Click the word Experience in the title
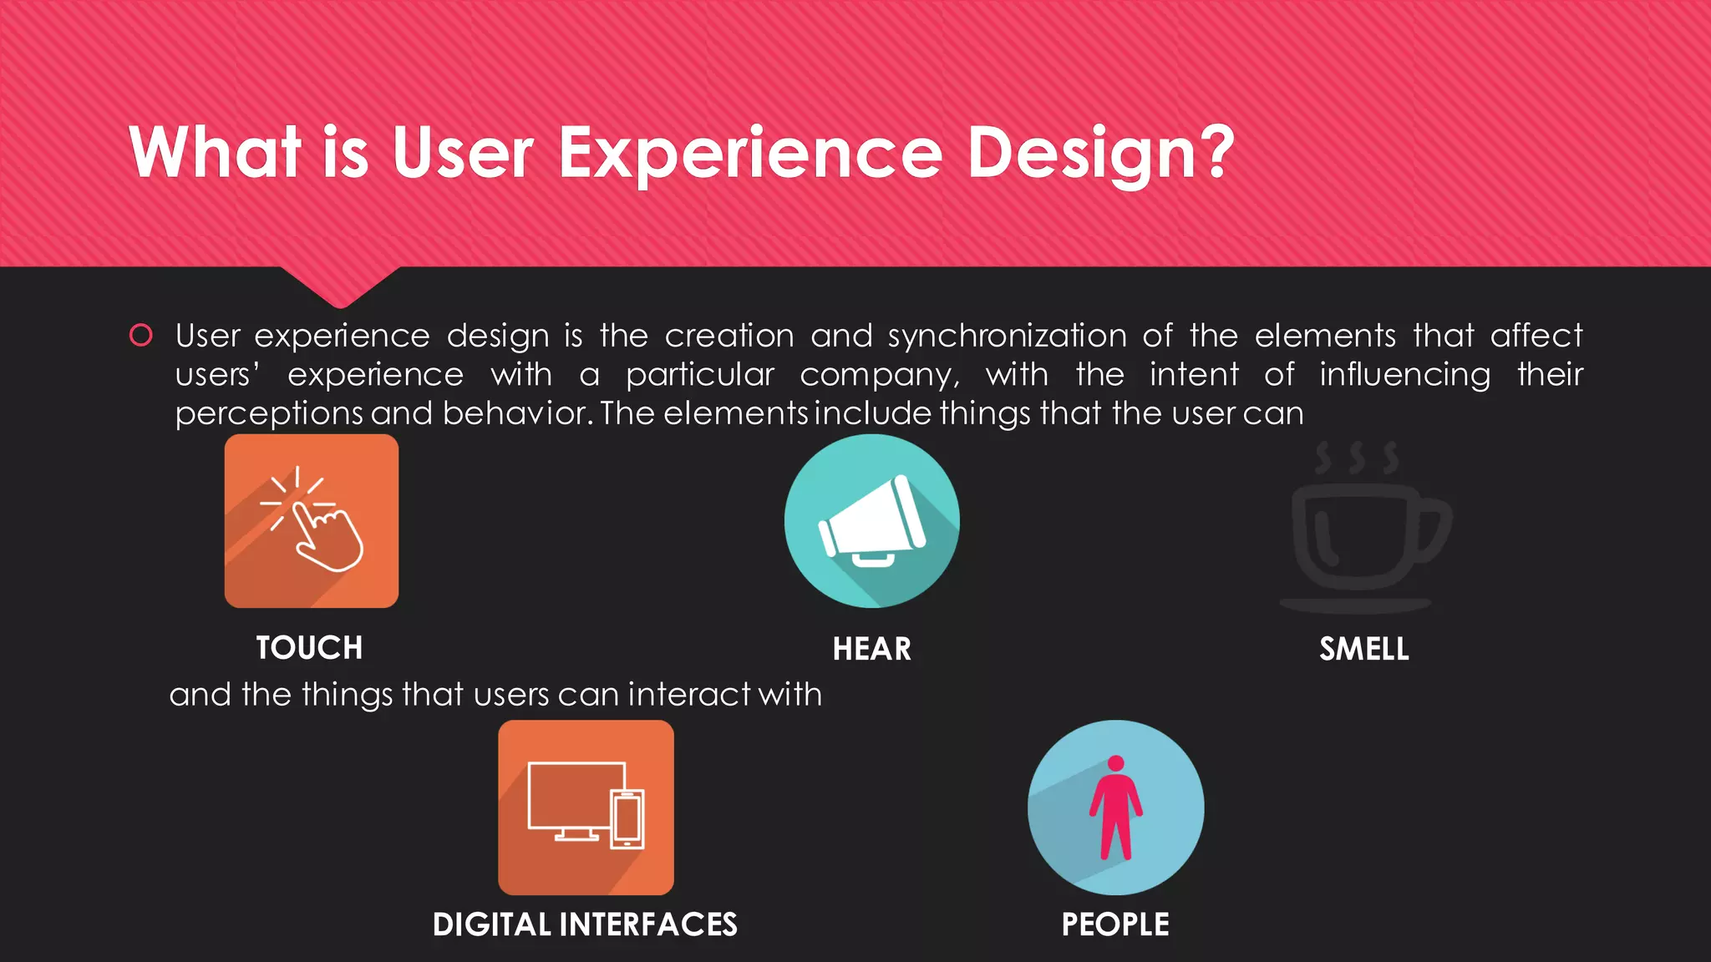(749, 154)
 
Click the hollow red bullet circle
(141, 336)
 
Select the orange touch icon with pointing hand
(312, 521)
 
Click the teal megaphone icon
(871, 521)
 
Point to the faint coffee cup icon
(1363, 529)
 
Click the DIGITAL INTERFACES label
(585, 925)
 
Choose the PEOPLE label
(1115, 925)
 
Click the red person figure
(1115, 808)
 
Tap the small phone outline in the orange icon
(627, 818)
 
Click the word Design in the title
(1083, 154)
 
